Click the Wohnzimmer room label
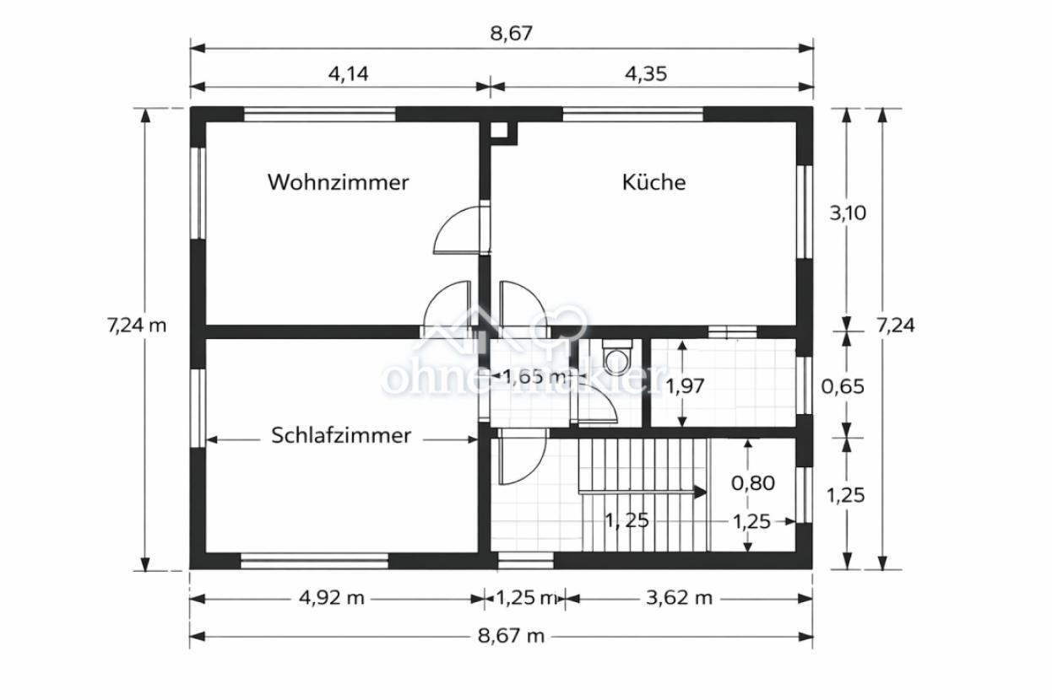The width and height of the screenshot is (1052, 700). (x=338, y=182)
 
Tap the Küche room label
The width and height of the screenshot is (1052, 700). (x=653, y=182)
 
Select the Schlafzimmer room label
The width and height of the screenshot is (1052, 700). (x=341, y=436)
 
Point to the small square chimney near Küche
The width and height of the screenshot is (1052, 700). (x=499, y=131)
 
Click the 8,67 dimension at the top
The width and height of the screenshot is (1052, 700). (x=512, y=34)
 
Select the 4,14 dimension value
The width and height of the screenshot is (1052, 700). (x=348, y=73)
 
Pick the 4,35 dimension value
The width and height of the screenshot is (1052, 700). (x=646, y=73)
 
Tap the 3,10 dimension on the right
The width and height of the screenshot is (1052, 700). (x=847, y=213)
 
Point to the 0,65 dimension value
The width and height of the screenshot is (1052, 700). (x=843, y=387)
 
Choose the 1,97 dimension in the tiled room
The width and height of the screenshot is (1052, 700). (x=685, y=386)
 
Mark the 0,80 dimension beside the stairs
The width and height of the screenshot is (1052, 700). (x=752, y=483)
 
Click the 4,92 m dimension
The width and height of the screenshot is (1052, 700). (x=331, y=598)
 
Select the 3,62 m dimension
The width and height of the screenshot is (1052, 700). (x=679, y=598)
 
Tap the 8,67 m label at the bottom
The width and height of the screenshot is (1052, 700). (x=511, y=635)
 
